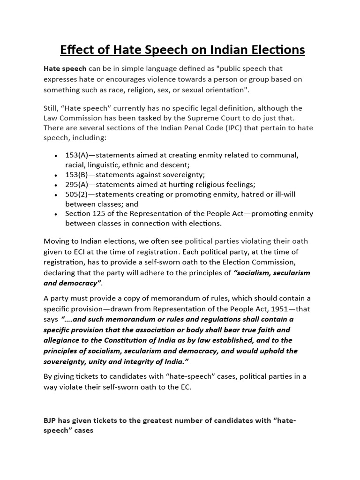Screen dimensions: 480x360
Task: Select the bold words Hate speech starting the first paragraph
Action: coord(65,68)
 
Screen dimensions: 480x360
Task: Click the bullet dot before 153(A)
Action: coord(56,155)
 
